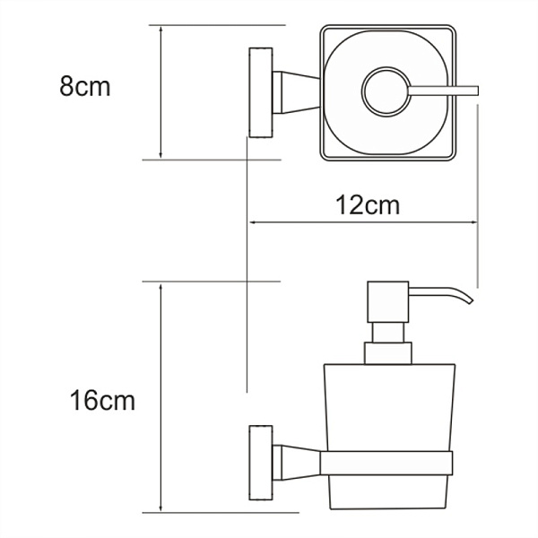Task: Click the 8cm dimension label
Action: point(84,88)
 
